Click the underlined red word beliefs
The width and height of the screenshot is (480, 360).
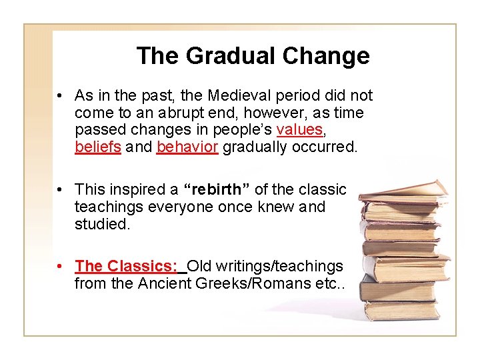point(98,147)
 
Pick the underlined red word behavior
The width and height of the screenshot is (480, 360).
point(187,147)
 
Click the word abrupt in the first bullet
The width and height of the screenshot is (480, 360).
point(187,113)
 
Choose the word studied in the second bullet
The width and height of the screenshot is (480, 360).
point(101,224)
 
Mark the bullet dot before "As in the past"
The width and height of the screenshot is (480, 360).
point(60,97)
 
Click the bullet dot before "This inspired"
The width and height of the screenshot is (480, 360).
point(60,190)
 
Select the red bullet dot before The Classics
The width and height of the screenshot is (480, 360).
point(60,267)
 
